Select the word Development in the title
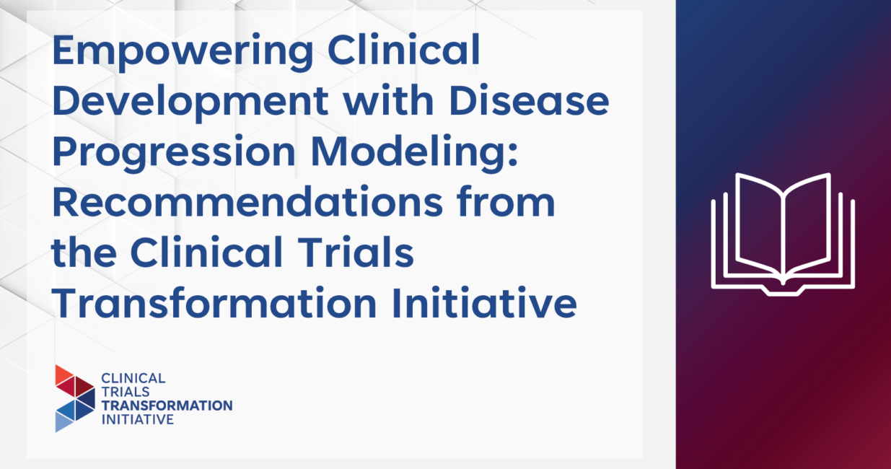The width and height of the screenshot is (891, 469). pyautogui.click(x=190, y=102)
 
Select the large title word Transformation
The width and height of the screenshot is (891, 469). pyautogui.click(x=214, y=303)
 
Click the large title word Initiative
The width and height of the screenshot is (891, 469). pyautogui.click(x=484, y=303)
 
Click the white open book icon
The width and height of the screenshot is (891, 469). pyautogui.click(x=783, y=234)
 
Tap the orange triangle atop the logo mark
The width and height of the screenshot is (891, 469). pyautogui.click(x=63, y=374)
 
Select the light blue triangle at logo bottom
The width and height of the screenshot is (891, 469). pyautogui.click(x=63, y=422)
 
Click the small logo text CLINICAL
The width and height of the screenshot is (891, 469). pyautogui.click(x=133, y=378)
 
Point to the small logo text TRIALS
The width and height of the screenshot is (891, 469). pyautogui.click(x=126, y=392)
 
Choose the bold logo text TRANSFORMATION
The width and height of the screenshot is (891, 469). pyautogui.click(x=167, y=406)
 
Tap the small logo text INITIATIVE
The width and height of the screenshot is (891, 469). pyautogui.click(x=138, y=419)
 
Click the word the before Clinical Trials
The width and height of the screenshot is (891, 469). pyautogui.click(x=84, y=253)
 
